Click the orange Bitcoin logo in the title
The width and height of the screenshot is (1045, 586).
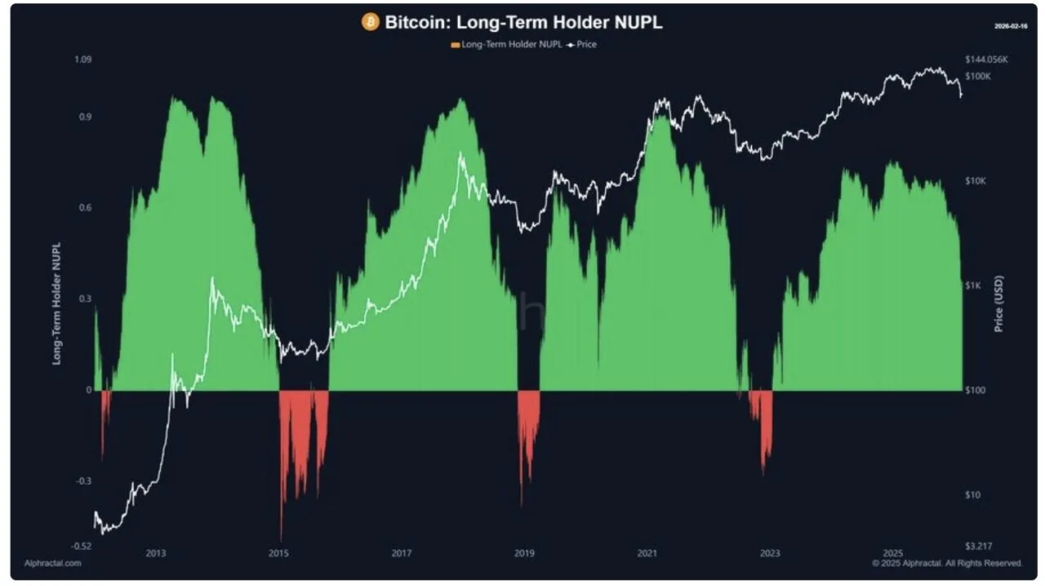(x=371, y=23)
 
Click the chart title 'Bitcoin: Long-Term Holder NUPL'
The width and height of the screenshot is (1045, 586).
(x=522, y=23)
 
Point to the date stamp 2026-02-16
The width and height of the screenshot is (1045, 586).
(x=1011, y=26)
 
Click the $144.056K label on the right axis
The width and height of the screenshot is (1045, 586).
(x=987, y=60)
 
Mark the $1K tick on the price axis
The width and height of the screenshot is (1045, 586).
(x=973, y=286)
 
